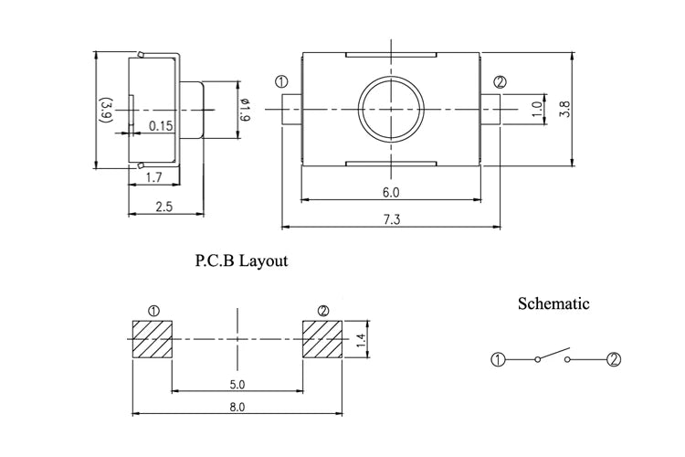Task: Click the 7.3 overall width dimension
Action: click(x=392, y=219)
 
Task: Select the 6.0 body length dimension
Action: click(x=391, y=192)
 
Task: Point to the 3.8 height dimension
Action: click(x=564, y=109)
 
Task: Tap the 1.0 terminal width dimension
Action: click(x=537, y=109)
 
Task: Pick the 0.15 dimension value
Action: click(x=161, y=126)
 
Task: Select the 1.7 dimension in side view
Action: click(x=153, y=177)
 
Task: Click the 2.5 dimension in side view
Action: click(x=164, y=206)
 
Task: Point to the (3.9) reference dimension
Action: click(x=107, y=109)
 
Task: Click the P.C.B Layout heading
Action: click(x=241, y=260)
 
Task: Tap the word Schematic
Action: click(x=553, y=303)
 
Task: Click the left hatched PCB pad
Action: click(x=152, y=339)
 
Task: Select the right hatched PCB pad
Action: click(x=322, y=339)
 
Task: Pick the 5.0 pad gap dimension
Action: click(x=237, y=385)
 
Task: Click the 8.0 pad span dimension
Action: click(x=237, y=407)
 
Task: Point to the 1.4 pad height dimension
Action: click(x=361, y=340)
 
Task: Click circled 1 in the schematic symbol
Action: click(x=498, y=360)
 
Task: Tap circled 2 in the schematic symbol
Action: click(x=614, y=359)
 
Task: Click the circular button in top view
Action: click(x=391, y=108)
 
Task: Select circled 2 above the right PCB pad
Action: click(x=323, y=311)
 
